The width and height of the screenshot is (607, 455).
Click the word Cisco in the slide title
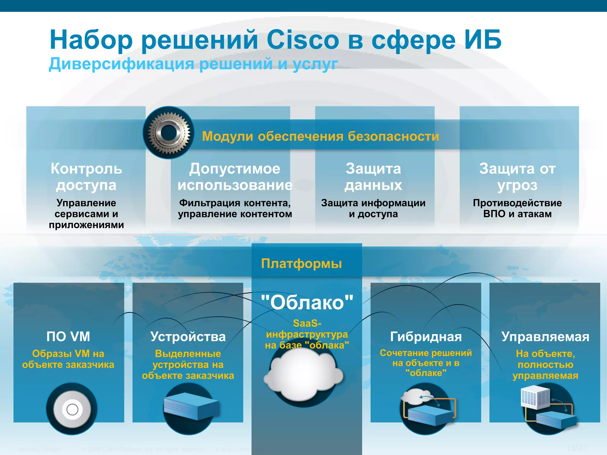point(302,40)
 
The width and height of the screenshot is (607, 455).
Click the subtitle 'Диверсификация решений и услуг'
point(193,64)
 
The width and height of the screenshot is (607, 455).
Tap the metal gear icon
point(169,132)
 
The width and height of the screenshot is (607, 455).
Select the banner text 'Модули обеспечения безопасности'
point(320,136)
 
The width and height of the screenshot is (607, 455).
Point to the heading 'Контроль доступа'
point(86,177)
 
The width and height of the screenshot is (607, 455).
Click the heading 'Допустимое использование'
point(235,177)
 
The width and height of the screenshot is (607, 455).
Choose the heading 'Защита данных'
point(373,177)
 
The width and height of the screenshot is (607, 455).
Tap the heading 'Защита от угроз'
point(517,177)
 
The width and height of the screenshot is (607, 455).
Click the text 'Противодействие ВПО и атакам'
point(517,208)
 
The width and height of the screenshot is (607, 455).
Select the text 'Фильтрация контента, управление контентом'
point(235,208)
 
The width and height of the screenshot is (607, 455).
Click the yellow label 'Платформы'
point(301,263)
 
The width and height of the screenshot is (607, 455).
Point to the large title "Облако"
point(307,302)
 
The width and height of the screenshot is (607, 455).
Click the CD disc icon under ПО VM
point(72,409)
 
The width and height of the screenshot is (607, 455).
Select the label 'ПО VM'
point(68,337)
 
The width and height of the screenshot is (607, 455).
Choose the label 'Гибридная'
point(426,337)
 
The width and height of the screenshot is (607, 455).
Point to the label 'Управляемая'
point(545,337)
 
